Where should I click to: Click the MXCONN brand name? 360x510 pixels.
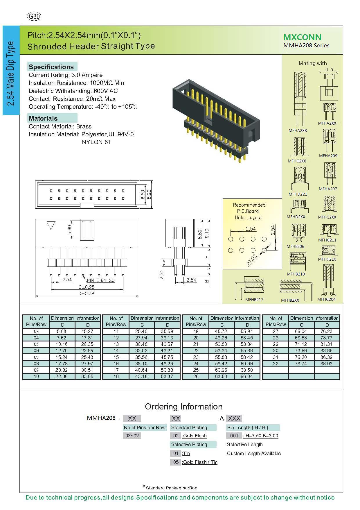pos(302,37)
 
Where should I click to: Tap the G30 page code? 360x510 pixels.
pos(34,17)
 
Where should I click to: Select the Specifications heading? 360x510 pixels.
pos(51,67)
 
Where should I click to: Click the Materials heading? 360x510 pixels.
pos(43,118)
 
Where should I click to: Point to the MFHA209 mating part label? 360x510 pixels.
pos(328,156)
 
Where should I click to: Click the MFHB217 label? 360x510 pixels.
pos(254,300)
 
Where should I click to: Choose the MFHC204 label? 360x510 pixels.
pos(326,299)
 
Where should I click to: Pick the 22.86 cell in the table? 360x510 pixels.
pos(62,376)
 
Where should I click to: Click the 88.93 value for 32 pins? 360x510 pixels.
pos(327,364)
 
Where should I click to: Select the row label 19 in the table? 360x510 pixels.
pos(196,331)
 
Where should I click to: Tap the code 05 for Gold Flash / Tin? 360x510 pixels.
pos(176,462)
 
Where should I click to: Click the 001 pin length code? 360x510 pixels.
pos(234,436)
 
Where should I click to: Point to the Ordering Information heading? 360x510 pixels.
pos(183,407)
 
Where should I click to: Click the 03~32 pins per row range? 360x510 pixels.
pos(132,436)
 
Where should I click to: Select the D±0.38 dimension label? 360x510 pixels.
pos(86,294)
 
